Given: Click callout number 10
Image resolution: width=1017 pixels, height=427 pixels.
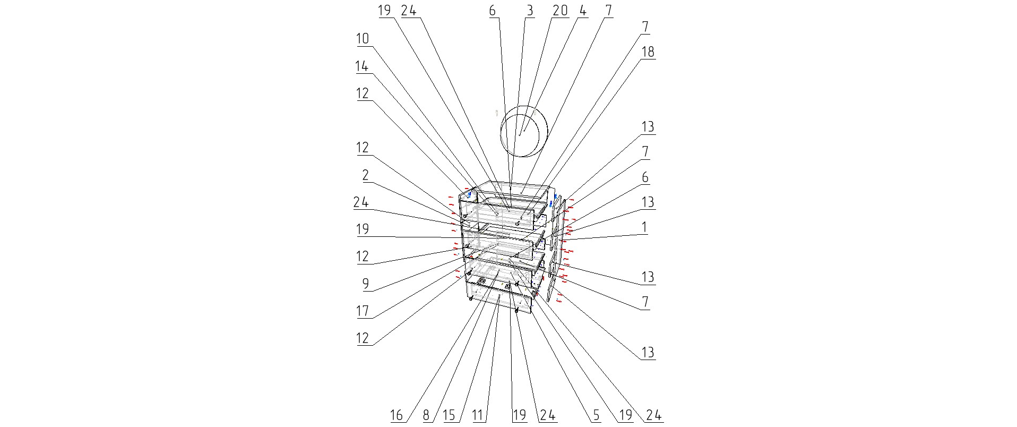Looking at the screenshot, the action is [362, 39].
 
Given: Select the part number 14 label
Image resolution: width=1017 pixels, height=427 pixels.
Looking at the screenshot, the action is [362, 66].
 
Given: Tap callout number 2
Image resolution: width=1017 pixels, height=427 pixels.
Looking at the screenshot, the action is [365, 175].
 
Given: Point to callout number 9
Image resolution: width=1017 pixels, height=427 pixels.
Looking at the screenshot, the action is [365, 284].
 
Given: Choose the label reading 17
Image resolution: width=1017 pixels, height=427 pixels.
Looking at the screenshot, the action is [362, 311].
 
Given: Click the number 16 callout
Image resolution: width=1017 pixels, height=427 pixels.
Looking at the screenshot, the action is [397, 415].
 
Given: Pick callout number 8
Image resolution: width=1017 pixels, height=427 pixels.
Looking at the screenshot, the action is [426, 415].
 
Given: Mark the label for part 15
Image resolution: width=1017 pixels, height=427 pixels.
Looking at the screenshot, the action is [449, 415].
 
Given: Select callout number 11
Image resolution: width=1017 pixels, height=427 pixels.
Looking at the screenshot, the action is [478, 415].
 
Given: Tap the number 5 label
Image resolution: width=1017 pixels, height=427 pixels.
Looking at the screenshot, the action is [596, 415].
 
